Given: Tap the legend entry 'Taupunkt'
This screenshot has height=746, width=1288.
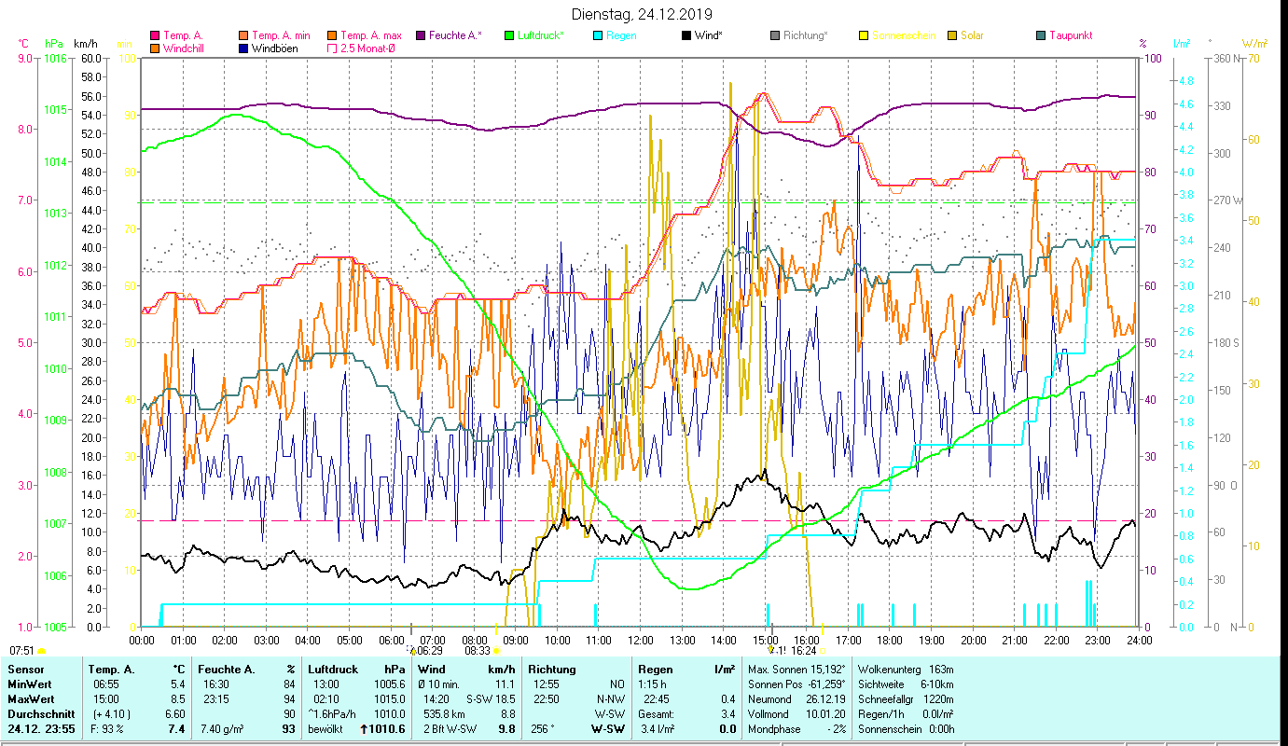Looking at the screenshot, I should (x=1070, y=35).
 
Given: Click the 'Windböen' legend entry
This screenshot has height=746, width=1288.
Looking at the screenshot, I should (x=274, y=48).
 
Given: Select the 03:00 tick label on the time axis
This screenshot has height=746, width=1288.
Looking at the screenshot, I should (x=266, y=641).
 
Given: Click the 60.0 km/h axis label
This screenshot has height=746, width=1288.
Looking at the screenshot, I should (x=91, y=58).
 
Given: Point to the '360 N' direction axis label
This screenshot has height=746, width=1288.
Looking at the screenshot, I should (x=1226, y=58).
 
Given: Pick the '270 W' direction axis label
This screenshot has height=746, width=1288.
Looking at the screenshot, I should (x=1226, y=200).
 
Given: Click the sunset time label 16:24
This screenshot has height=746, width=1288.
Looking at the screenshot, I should (x=804, y=651).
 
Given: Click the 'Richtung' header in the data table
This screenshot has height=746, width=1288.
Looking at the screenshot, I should (x=551, y=670).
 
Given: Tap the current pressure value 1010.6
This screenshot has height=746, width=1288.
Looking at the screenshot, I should (x=386, y=729).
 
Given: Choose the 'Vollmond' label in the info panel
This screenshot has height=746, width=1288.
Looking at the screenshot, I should (x=770, y=713).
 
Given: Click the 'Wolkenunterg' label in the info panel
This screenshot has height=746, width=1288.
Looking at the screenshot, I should (x=889, y=670).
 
